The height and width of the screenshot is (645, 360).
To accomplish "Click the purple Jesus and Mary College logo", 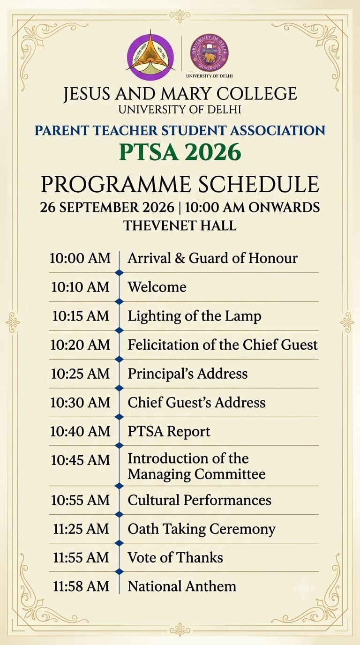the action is pyautogui.click(x=150, y=55).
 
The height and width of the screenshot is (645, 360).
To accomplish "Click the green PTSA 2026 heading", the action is pyautogui.click(x=180, y=152).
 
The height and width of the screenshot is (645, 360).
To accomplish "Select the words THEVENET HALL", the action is pyautogui.click(x=180, y=225).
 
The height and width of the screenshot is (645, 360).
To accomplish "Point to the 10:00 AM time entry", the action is pyautogui.click(x=80, y=258).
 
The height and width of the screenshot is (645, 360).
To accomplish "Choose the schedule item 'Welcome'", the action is pyautogui.click(x=157, y=287).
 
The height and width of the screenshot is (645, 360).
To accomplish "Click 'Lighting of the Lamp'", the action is pyautogui.click(x=195, y=316).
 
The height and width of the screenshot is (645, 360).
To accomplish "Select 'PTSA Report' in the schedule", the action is pyautogui.click(x=169, y=432).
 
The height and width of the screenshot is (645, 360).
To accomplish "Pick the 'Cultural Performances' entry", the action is pyautogui.click(x=199, y=500).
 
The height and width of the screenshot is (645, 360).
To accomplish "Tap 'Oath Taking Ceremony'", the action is pyautogui.click(x=201, y=529).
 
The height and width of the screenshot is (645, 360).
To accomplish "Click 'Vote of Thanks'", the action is pyautogui.click(x=175, y=558).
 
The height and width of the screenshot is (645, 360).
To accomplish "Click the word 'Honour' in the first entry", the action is pyautogui.click(x=273, y=258).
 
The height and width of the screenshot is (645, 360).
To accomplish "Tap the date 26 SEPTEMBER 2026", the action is pyautogui.click(x=107, y=208).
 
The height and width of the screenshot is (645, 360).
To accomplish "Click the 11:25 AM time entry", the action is pyautogui.click(x=81, y=529).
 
